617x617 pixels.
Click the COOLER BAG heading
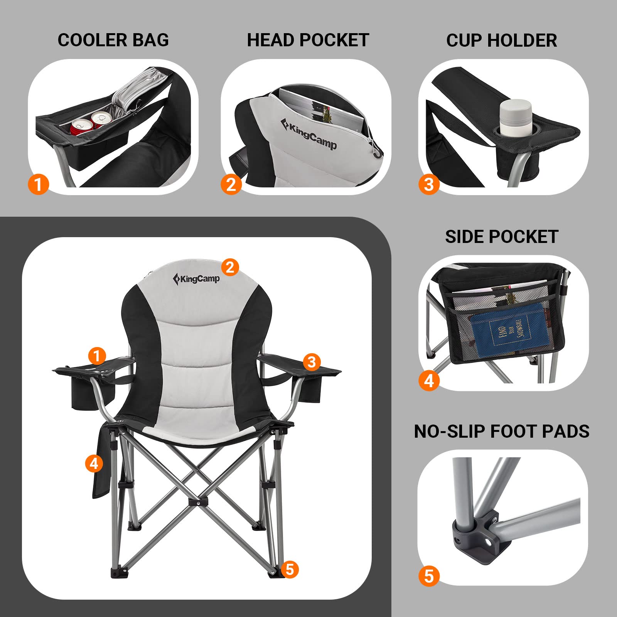(x=113, y=40)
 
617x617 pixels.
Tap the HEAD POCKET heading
(x=308, y=40)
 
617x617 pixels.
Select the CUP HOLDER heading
(x=501, y=40)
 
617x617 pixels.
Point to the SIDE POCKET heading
(x=501, y=236)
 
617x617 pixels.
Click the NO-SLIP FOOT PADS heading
(x=501, y=431)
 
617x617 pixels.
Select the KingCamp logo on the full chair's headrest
(x=196, y=278)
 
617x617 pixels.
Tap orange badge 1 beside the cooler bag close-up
(x=38, y=184)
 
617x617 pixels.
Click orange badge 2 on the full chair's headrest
(x=230, y=267)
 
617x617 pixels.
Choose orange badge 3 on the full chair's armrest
(x=312, y=362)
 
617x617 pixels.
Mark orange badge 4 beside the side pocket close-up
(x=429, y=381)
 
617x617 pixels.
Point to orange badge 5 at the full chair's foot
(x=290, y=569)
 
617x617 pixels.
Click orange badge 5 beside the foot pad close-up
(x=429, y=576)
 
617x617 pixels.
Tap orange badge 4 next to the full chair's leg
(x=94, y=463)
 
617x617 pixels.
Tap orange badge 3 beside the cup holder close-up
(x=429, y=184)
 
